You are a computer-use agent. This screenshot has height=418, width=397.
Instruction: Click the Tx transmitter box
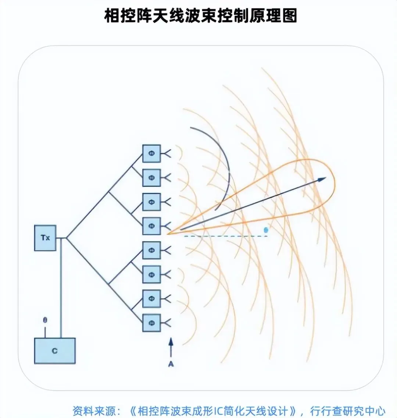coord(45,238)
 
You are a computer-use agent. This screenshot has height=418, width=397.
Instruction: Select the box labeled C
coord(55,351)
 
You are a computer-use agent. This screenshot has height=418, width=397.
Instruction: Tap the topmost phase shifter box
coord(151,153)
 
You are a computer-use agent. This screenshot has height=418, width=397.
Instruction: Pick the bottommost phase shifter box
coord(151,323)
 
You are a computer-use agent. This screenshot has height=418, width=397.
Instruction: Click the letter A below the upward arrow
coord(171,364)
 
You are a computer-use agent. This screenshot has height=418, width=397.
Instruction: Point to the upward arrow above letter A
coord(171,347)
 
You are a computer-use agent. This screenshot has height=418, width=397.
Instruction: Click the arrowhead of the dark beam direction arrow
coord(322,179)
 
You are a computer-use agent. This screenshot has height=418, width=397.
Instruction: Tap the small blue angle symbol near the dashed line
coord(266,230)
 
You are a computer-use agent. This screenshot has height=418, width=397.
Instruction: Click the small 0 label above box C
coord(45,320)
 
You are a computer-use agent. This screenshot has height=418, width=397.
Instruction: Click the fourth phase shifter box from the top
coord(151,226)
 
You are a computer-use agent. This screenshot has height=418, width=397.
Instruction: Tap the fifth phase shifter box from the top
coord(151,250)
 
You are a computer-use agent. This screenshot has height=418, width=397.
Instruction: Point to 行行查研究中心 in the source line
coord(348,410)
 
